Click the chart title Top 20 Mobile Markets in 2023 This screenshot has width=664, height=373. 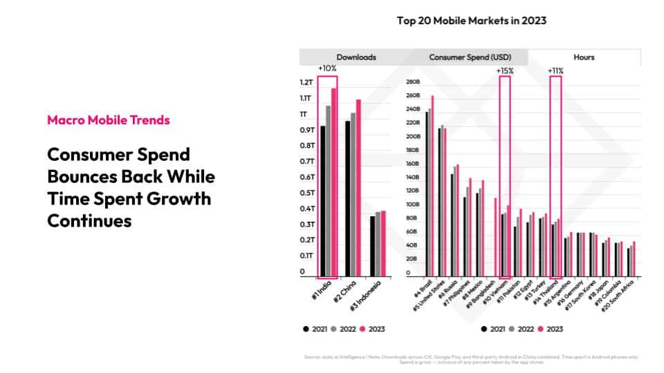(x=471, y=21)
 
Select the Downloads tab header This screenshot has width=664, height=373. (x=356, y=57)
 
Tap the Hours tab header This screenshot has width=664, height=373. (x=584, y=57)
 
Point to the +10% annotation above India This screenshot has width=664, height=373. (x=326, y=69)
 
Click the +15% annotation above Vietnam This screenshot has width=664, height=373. (x=504, y=70)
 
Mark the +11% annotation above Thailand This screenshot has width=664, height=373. (x=555, y=70)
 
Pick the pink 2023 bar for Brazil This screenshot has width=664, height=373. (x=433, y=186)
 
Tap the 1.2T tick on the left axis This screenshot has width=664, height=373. (x=306, y=83)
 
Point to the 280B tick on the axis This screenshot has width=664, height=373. (x=414, y=82)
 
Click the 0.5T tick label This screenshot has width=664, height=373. (x=306, y=193)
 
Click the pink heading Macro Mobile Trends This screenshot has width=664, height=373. (x=109, y=120)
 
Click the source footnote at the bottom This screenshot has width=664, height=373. (x=470, y=358)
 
